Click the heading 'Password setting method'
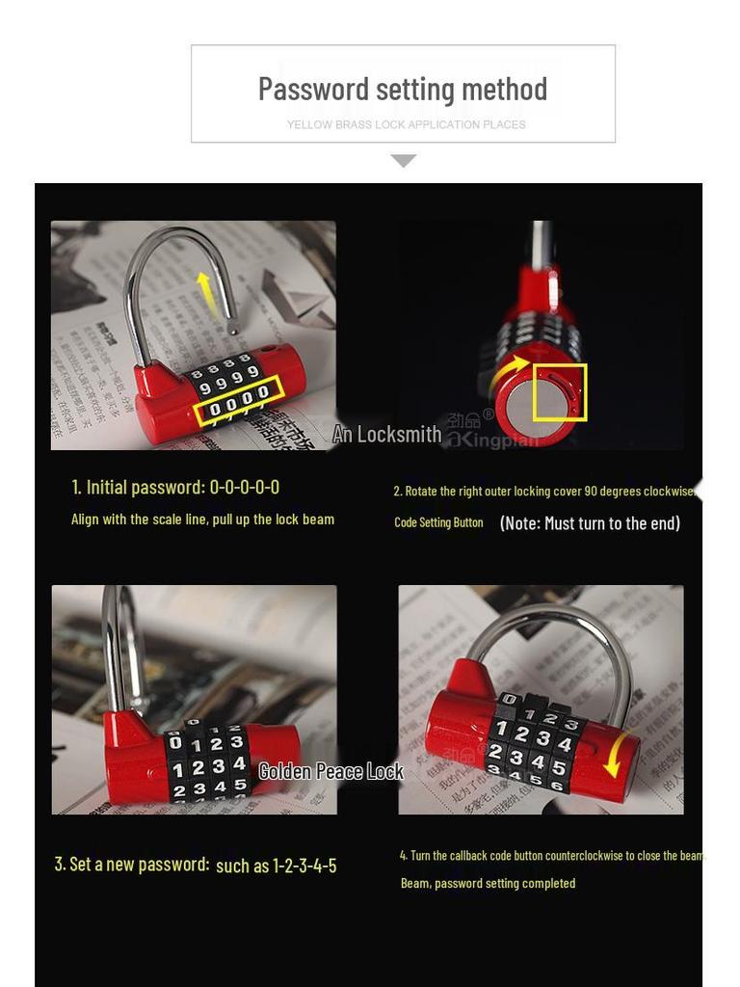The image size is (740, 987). coord(403,89)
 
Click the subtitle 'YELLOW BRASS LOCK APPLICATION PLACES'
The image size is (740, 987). coord(406,124)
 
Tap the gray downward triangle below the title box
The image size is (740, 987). coord(404,160)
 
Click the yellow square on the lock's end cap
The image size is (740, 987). coord(560,391)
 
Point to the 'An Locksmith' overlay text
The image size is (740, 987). coord(386,435)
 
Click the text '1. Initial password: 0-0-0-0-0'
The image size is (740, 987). coord(175,487)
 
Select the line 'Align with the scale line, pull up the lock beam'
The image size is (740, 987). coord(202,519)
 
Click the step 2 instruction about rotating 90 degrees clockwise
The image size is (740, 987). coord(543,491)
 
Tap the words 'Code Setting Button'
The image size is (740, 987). coord(438,522)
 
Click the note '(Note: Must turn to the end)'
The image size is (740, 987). coord(590,522)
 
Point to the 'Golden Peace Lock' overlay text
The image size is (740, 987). coord(330,771)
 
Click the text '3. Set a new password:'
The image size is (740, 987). coord(132,864)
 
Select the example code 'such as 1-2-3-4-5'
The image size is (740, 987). coord(277,866)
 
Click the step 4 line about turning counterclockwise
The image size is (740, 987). coord(551,855)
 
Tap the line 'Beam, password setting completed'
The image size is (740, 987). coord(488,883)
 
